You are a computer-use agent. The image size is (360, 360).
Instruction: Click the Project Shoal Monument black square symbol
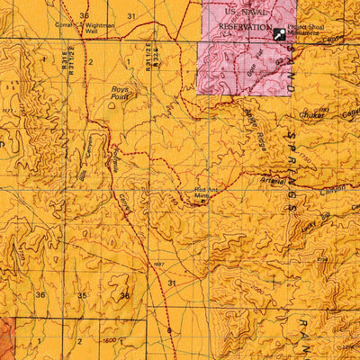pyautogui.click(x=281, y=33)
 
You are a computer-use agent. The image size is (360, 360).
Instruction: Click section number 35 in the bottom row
pyautogui.click(x=82, y=295)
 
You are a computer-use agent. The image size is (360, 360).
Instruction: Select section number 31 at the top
pyautogui.click(x=131, y=16)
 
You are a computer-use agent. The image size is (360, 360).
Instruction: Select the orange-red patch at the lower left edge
pyautogui.click(x=6, y=337)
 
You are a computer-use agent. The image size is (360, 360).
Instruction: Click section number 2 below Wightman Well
pyautogui.click(x=90, y=61)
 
